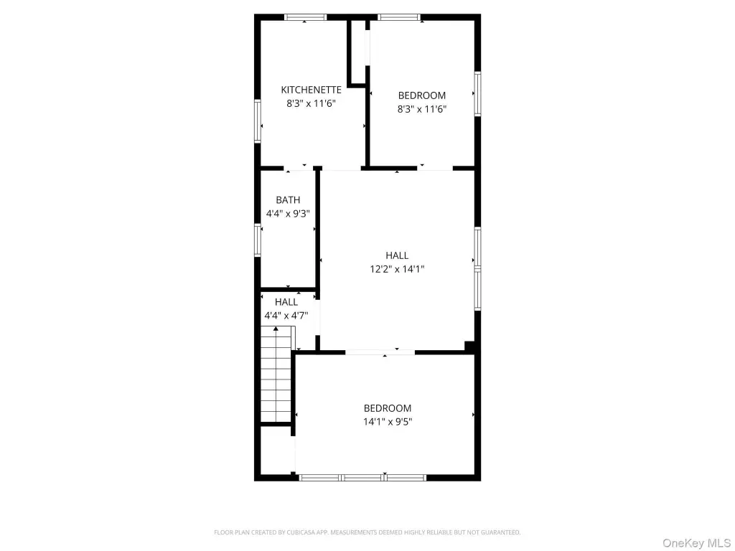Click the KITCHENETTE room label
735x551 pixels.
point(312,90)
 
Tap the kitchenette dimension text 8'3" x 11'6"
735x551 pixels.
point(312,103)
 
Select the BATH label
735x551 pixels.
point(288,200)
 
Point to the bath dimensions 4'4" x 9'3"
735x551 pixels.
point(288,214)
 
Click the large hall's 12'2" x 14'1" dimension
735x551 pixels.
point(397,269)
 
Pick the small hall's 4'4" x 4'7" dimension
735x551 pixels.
point(286,316)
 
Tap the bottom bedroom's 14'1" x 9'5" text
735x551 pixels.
point(388,422)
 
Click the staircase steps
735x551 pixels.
point(276,375)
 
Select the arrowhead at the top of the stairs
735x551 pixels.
point(276,329)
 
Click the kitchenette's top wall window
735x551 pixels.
point(305,17)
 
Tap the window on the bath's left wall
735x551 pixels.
point(258,240)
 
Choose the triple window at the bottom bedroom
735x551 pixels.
point(362,478)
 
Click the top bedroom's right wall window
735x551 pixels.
point(477,94)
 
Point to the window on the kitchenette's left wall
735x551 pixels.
point(258,121)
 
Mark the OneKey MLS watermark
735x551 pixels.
point(696,543)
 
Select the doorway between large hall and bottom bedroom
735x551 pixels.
point(380,352)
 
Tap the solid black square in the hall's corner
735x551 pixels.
point(469,346)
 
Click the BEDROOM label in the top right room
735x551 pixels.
point(422,95)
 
